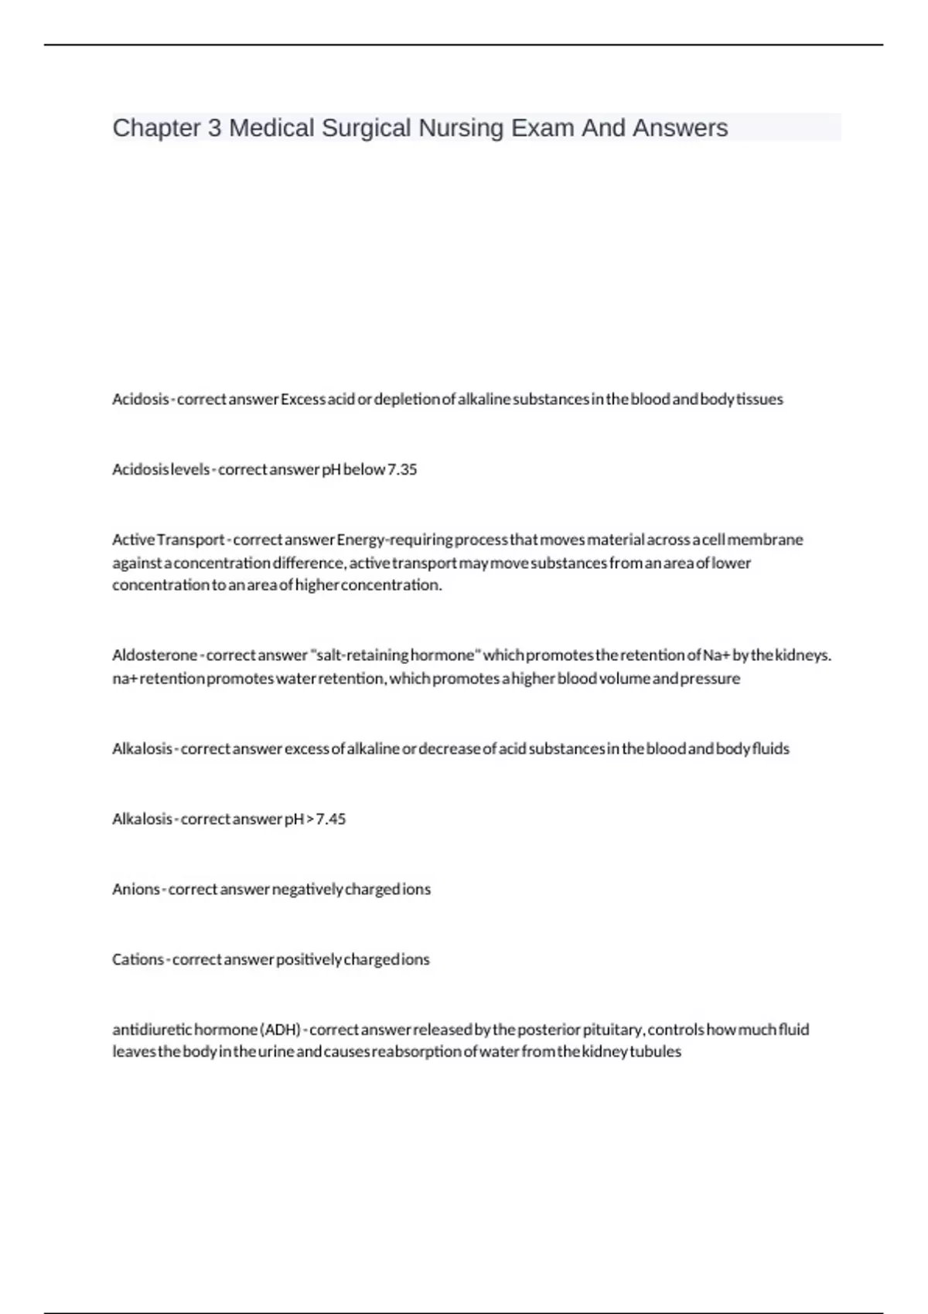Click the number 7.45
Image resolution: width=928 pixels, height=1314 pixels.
pyautogui.click(x=331, y=819)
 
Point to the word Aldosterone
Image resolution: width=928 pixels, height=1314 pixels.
pyautogui.click(x=155, y=655)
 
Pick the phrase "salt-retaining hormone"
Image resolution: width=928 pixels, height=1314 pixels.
pyautogui.click(x=395, y=655)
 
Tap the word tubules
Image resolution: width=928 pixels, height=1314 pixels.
pyautogui.click(x=656, y=1052)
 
